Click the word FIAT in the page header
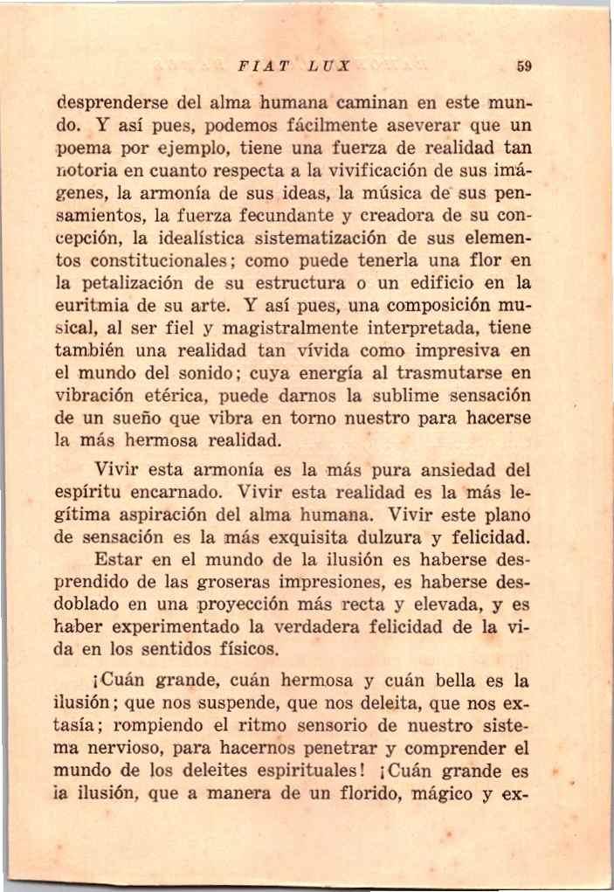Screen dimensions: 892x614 pos(259,66)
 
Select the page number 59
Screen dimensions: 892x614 pos(524,66)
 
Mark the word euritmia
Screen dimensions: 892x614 pos(86,305)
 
